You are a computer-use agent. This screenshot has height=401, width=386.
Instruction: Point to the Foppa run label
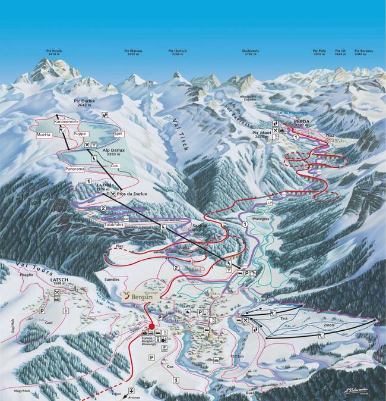[80, 134]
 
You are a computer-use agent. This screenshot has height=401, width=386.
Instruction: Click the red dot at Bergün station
[151, 326]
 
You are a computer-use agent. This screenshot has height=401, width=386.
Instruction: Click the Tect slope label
[284, 319]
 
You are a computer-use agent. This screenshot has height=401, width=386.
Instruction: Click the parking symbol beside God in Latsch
[42, 311]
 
